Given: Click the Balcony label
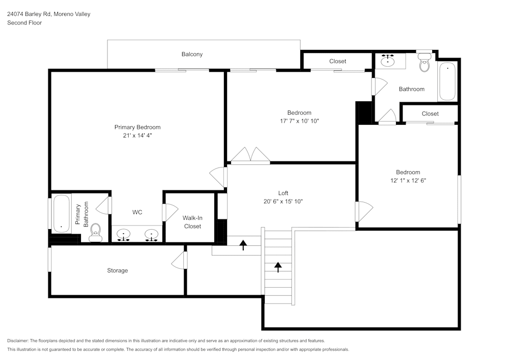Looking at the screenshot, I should pyautogui.click(x=192, y=54).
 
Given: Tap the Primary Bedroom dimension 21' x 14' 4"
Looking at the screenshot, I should pyautogui.click(x=137, y=136).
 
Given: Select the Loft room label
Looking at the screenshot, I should pyautogui.click(x=283, y=193).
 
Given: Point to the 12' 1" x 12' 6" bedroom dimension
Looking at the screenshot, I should pyautogui.click(x=408, y=181).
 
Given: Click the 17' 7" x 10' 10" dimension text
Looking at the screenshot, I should pyautogui.click(x=299, y=121).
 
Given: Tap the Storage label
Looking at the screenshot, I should pyautogui.click(x=117, y=270).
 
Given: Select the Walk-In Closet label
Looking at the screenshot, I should pyautogui.click(x=192, y=222).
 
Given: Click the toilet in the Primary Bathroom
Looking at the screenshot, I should pyautogui.click(x=96, y=233).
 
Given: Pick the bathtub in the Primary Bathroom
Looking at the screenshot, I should pyautogui.click(x=61, y=213).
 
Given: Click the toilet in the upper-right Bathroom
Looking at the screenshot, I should pyautogui.click(x=424, y=64).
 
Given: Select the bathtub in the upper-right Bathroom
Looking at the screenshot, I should pyautogui.click(x=447, y=81).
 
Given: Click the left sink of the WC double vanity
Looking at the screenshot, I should pyautogui.click(x=124, y=235).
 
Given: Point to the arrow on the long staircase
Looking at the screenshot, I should pyautogui.click(x=278, y=267).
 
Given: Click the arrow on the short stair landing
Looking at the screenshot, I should pyautogui.click(x=243, y=245).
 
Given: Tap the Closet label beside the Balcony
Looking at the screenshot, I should pyautogui.click(x=337, y=61).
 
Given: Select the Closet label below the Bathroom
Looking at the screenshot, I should pyautogui.click(x=430, y=114).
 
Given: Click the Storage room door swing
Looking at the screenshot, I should pyautogui.click(x=178, y=260).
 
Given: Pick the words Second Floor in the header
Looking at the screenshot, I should pyautogui.click(x=24, y=23).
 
